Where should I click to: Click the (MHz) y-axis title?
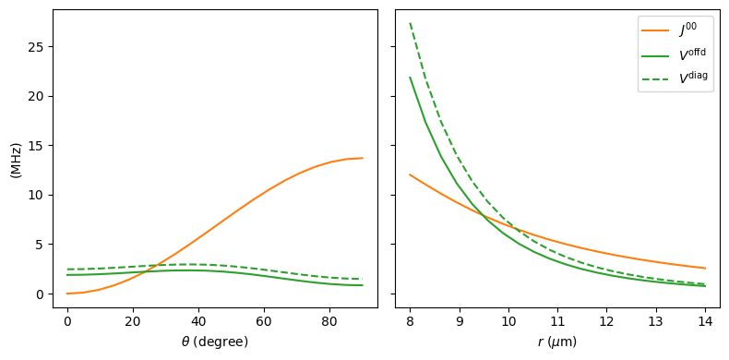(16, 160)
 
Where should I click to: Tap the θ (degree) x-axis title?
(214, 342)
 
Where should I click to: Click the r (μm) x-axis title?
(557, 342)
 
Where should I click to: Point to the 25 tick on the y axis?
(37, 47)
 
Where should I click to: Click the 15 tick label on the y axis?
(37, 146)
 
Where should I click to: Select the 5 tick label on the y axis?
(41, 245)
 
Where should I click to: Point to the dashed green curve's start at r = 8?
(410, 23)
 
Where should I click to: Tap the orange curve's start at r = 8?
(410, 174)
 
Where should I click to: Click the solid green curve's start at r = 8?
(410, 78)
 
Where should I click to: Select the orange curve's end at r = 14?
(705, 269)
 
